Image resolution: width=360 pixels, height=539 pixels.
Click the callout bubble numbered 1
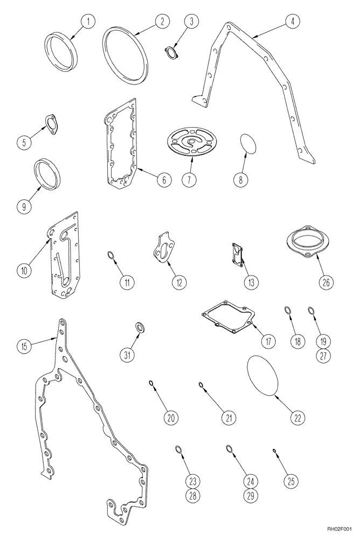coord(89,22)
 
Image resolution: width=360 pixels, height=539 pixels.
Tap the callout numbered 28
coord(178,495)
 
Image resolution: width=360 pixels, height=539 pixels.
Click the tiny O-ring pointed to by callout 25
coord(274,451)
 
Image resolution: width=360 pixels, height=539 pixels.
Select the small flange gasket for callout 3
coord(172,52)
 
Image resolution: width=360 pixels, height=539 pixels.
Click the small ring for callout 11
coord(110,255)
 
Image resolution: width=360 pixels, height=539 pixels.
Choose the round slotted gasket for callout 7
coord(191,141)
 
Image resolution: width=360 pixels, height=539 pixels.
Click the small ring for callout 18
coord(288,310)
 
